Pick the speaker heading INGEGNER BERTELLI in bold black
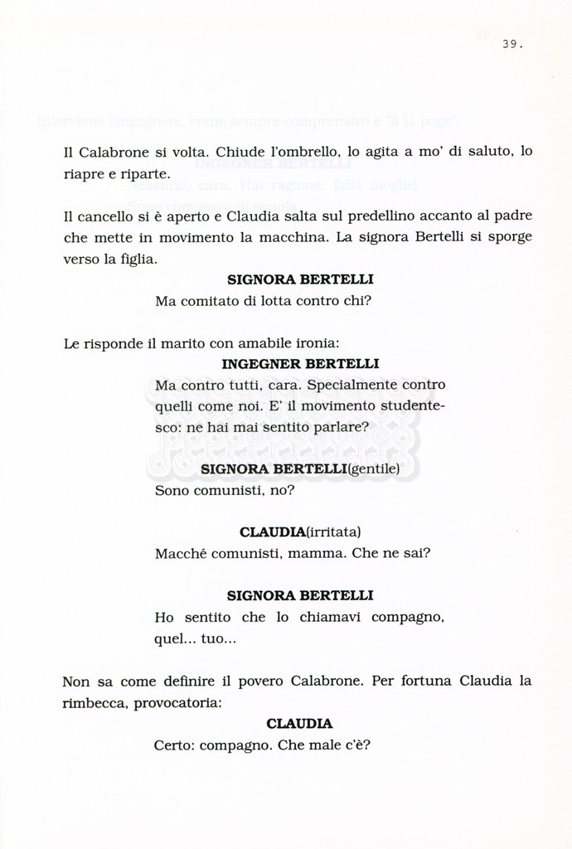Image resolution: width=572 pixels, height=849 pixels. pyautogui.click(x=300, y=363)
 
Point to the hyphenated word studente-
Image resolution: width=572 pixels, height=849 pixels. pyautogui.click(x=405, y=407)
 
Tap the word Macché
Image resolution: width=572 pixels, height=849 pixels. pyautogui.click(x=176, y=554)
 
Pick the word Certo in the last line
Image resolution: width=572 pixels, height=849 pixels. pyautogui.click(x=172, y=745)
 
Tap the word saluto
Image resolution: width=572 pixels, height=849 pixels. pyautogui.click(x=488, y=153)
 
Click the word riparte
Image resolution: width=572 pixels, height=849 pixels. pyautogui.click(x=148, y=174)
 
